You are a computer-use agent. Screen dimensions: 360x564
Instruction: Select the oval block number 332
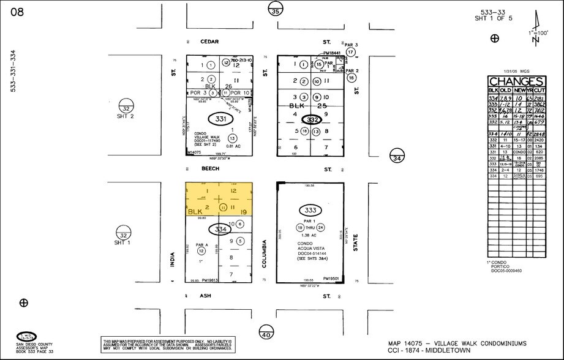(x=314, y=120)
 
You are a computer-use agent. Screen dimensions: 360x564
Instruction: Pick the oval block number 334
(x=219, y=230)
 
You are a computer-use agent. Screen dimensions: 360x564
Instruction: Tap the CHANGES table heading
(x=516, y=82)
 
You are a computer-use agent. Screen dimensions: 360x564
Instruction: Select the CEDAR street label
(x=210, y=42)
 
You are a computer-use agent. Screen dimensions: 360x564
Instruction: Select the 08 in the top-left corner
(x=17, y=12)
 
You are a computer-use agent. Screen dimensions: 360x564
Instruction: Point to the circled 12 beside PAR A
(x=201, y=250)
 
